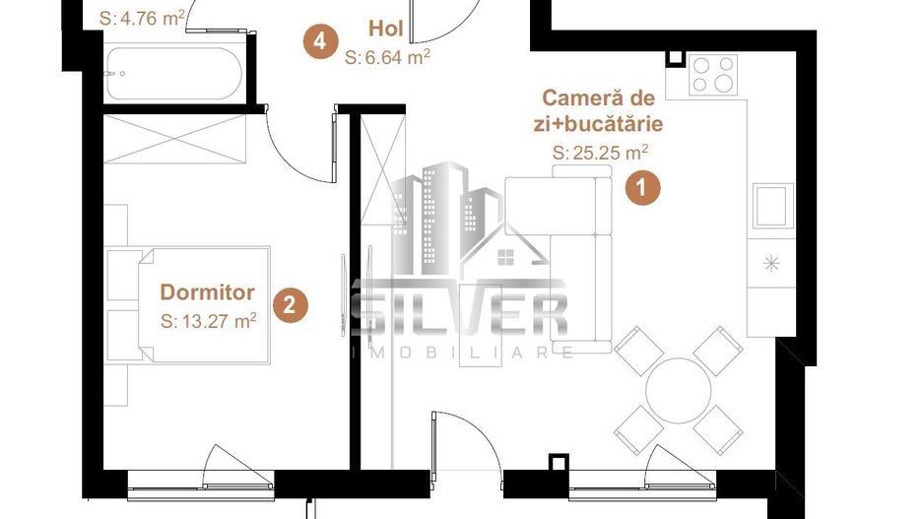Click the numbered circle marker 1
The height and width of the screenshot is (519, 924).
[x=642, y=187]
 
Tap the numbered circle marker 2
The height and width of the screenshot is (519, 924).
[x=289, y=304]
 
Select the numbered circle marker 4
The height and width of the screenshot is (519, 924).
[x=317, y=41]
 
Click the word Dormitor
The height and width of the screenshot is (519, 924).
[x=207, y=292]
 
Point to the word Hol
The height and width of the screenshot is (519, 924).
[x=384, y=27]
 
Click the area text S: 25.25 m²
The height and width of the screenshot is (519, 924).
[x=600, y=153]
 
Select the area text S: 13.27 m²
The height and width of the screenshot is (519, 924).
[x=209, y=319]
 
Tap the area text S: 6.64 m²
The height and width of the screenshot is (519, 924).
[x=387, y=58]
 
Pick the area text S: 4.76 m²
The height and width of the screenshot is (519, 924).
[x=142, y=16]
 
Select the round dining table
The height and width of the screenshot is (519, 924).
[x=678, y=387]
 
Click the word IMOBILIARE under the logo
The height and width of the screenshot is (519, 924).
[x=463, y=352]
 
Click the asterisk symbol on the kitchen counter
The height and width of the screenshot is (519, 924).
[x=770, y=263]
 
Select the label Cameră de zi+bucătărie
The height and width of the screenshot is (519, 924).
[x=601, y=110]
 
